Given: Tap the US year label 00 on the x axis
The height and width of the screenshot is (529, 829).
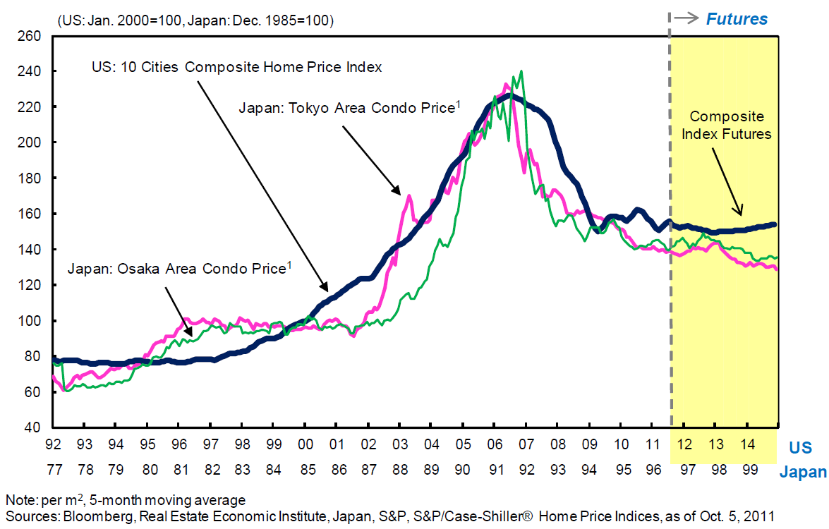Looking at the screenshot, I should click(x=305, y=444).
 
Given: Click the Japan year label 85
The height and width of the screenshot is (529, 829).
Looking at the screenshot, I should click(x=305, y=468).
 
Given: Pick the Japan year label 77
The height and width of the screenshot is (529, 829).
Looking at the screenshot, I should click(x=53, y=468).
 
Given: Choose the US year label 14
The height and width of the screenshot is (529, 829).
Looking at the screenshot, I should click(x=747, y=444).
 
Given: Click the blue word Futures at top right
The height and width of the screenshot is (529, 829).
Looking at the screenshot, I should click(x=737, y=19).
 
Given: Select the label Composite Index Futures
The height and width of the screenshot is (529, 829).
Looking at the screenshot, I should click(x=726, y=125).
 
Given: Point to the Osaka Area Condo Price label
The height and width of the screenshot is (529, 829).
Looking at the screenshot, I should click(x=179, y=269).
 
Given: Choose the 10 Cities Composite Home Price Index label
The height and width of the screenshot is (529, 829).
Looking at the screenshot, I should click(x=236, y=68).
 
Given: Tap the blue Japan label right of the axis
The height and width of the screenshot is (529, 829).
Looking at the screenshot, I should click(x=803, y=472).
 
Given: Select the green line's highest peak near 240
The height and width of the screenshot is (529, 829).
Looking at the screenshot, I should click(x=521, y=71).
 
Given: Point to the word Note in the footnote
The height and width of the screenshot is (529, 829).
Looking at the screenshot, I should click(x=18, y=500).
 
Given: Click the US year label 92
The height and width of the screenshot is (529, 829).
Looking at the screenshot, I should click(x=53, y=444).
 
